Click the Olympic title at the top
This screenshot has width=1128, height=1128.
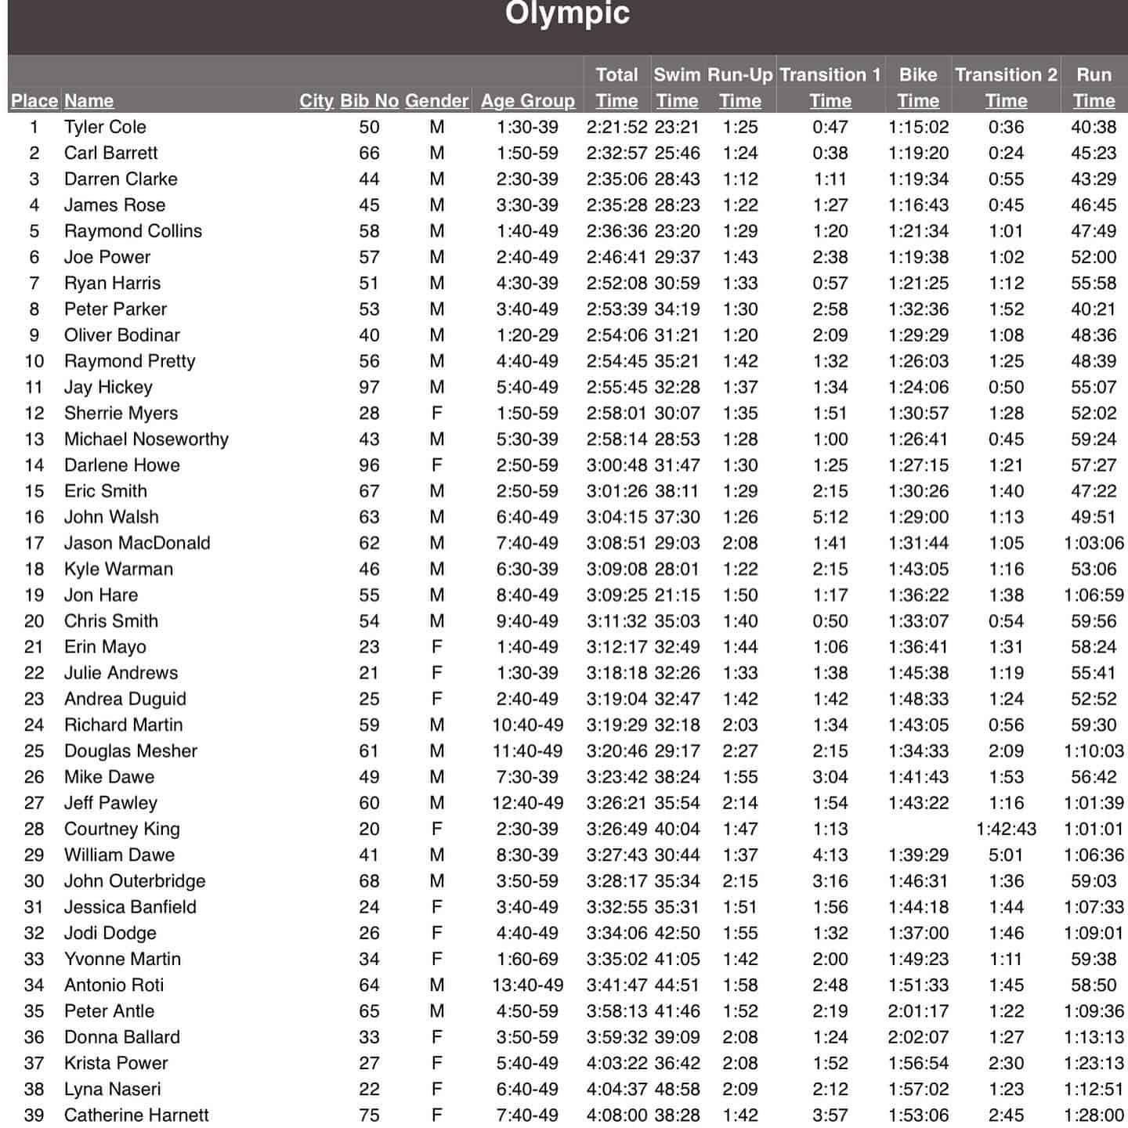click(567, 13)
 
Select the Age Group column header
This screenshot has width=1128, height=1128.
click(527, 101)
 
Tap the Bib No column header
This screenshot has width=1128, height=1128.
click(369, 101)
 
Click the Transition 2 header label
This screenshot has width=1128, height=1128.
click(1006, 75)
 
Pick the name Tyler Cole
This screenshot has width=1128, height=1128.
click(105, 127)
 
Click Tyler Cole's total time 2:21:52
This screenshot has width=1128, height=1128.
click(616, 127)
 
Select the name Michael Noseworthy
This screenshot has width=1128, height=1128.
click(146, 439)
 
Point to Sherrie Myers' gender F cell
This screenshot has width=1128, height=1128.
click(436, 413)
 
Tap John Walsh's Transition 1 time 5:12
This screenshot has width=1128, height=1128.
click(830, 517)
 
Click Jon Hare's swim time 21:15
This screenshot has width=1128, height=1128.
click(677, 595)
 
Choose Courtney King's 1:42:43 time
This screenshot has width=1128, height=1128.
click(1006, 829)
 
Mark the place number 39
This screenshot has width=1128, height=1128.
click(34, 1115)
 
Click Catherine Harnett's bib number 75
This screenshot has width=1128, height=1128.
click(369, 1115)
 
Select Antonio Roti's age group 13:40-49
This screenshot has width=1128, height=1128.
click(527, 985)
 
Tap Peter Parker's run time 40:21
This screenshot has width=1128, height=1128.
click(1094, 309)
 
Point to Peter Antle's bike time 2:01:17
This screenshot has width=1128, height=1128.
click(918, 1010)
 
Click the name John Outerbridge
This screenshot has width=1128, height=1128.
click(135, 880)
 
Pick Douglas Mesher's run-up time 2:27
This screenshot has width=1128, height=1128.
click(739, 750)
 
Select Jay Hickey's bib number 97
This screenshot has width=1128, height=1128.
click(369, 387)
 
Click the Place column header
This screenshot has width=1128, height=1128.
click(34, 101)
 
